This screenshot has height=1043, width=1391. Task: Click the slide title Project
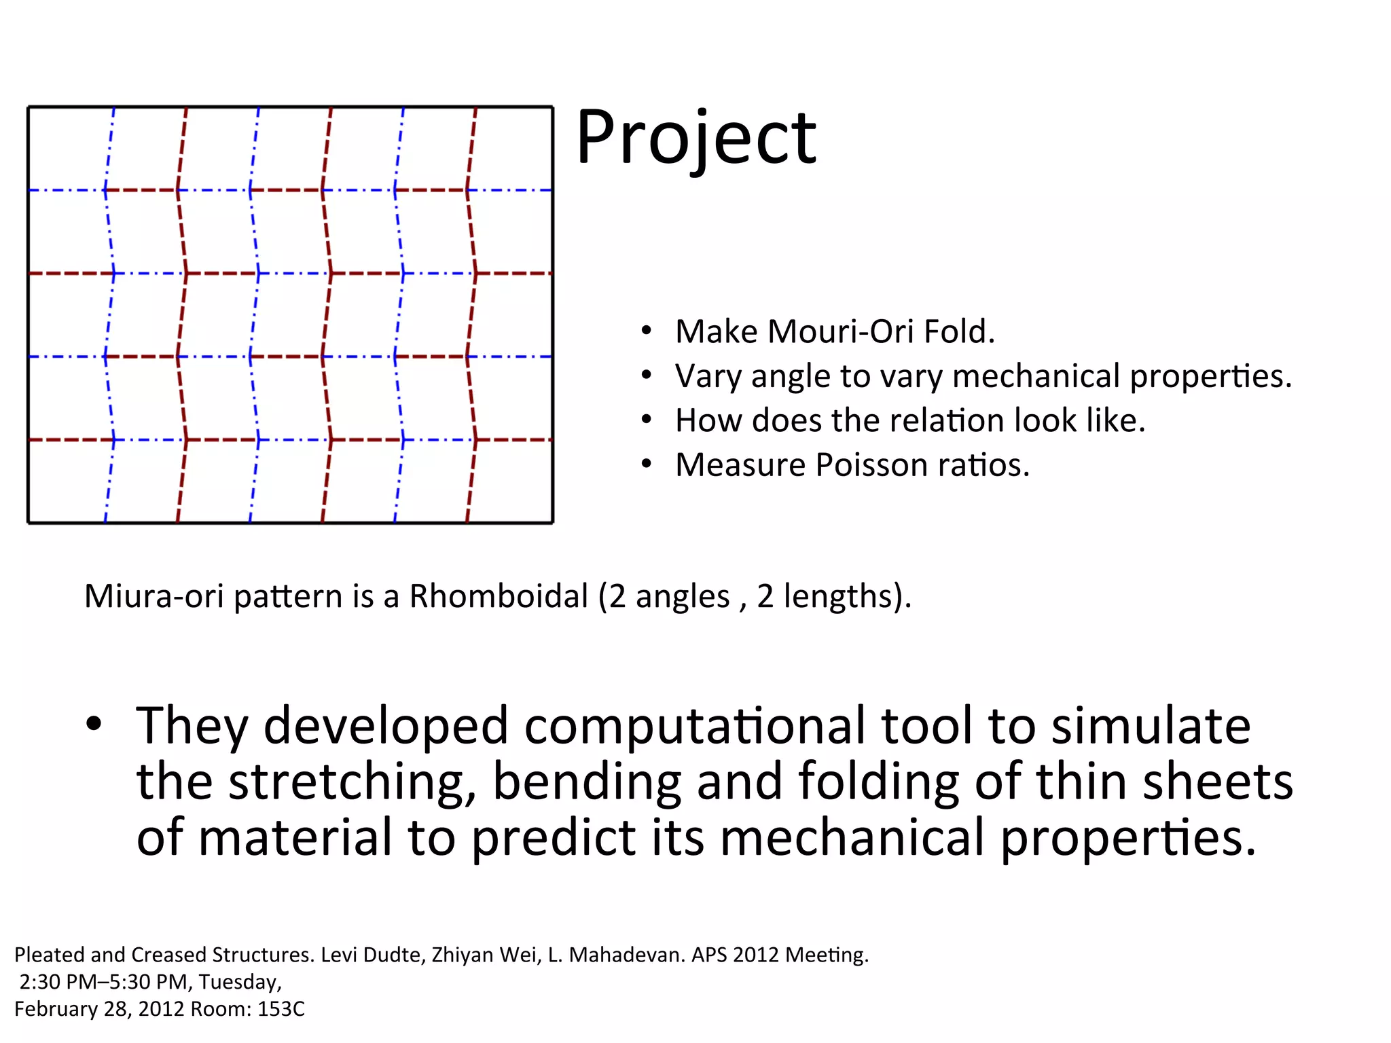(695, 139)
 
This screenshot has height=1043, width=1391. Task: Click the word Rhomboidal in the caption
(498, 596)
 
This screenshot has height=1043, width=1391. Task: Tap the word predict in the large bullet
(553, 839)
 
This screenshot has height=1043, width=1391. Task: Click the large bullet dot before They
(94, 724)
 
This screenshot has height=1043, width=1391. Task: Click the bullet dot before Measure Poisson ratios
(646, 464)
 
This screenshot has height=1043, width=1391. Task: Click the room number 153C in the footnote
(281, 1010)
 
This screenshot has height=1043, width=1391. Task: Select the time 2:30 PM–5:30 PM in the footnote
(103, 983)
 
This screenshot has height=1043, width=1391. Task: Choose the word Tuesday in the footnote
(239, 983)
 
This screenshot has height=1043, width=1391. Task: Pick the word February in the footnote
(56, 1010)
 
